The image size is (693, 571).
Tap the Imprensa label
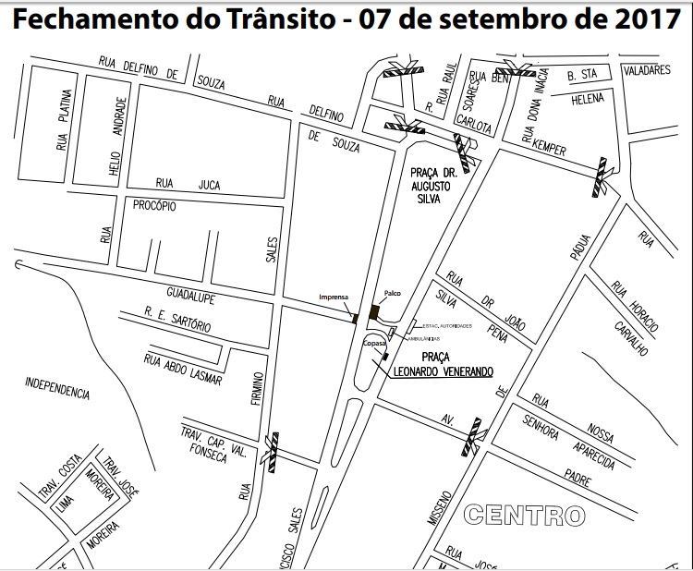[x=333, y=297]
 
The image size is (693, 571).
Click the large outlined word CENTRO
[x=525, y=513]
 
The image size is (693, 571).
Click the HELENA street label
[x=588, y=99]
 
